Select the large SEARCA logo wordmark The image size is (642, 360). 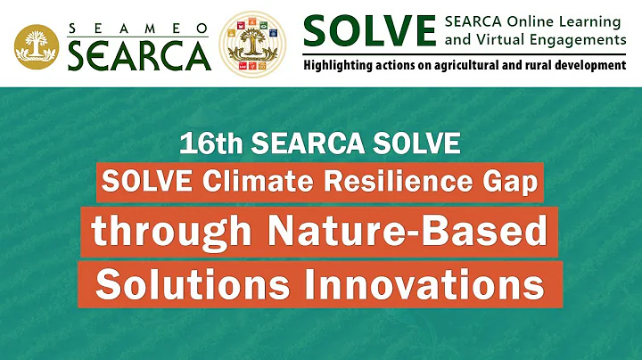point(138,55)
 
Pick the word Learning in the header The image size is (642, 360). point(588,20)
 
